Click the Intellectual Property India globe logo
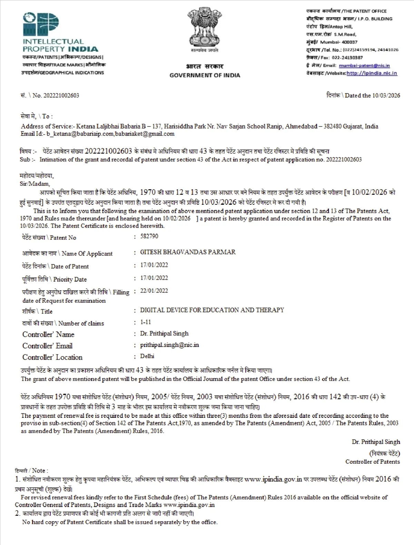[x=41, y=24]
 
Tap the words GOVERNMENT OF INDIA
[x=205, y=75]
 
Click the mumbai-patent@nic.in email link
[x=364, y=65]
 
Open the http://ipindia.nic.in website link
[x=372, y=73]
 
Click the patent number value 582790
[x=149, y=236]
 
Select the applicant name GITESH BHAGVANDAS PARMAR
[x=188, y=252]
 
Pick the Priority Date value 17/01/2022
[x=154, y=278]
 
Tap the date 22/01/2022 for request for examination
[x=154, y=291]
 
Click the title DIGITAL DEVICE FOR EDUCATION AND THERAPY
[x=212, y=310]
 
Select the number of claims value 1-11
[x=146, y=322]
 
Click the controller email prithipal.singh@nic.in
[x=169, y=345]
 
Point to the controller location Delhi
[x=147, y=356]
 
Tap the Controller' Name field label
[x=48, y=334]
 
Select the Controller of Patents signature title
[x=373, y=462]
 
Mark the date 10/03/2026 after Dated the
[x=386, y=95]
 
